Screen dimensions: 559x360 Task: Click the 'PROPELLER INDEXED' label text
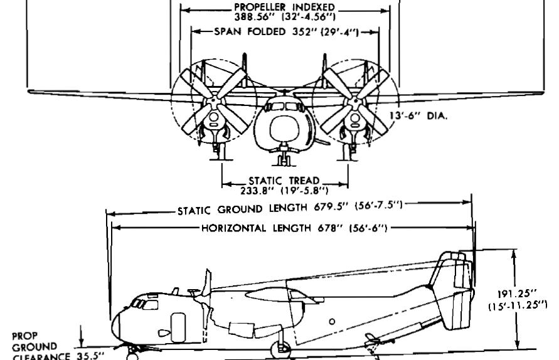(x=284, y=7)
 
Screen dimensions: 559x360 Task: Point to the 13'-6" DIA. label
(x=418, y=116)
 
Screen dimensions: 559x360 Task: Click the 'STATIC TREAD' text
(x=284, y=181)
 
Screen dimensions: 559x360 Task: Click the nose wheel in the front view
(x=284, y=158)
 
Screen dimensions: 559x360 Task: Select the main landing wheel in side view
(x=280, y=350)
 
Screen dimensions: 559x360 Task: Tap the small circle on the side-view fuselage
(x=332, y=322)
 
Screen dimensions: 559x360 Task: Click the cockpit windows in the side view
(x=145, y=304)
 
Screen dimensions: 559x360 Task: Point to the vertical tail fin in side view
(x=452, y=289)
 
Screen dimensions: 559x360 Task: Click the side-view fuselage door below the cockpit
(x=178, y=327)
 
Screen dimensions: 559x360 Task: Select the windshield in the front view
(x=284, y=106)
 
